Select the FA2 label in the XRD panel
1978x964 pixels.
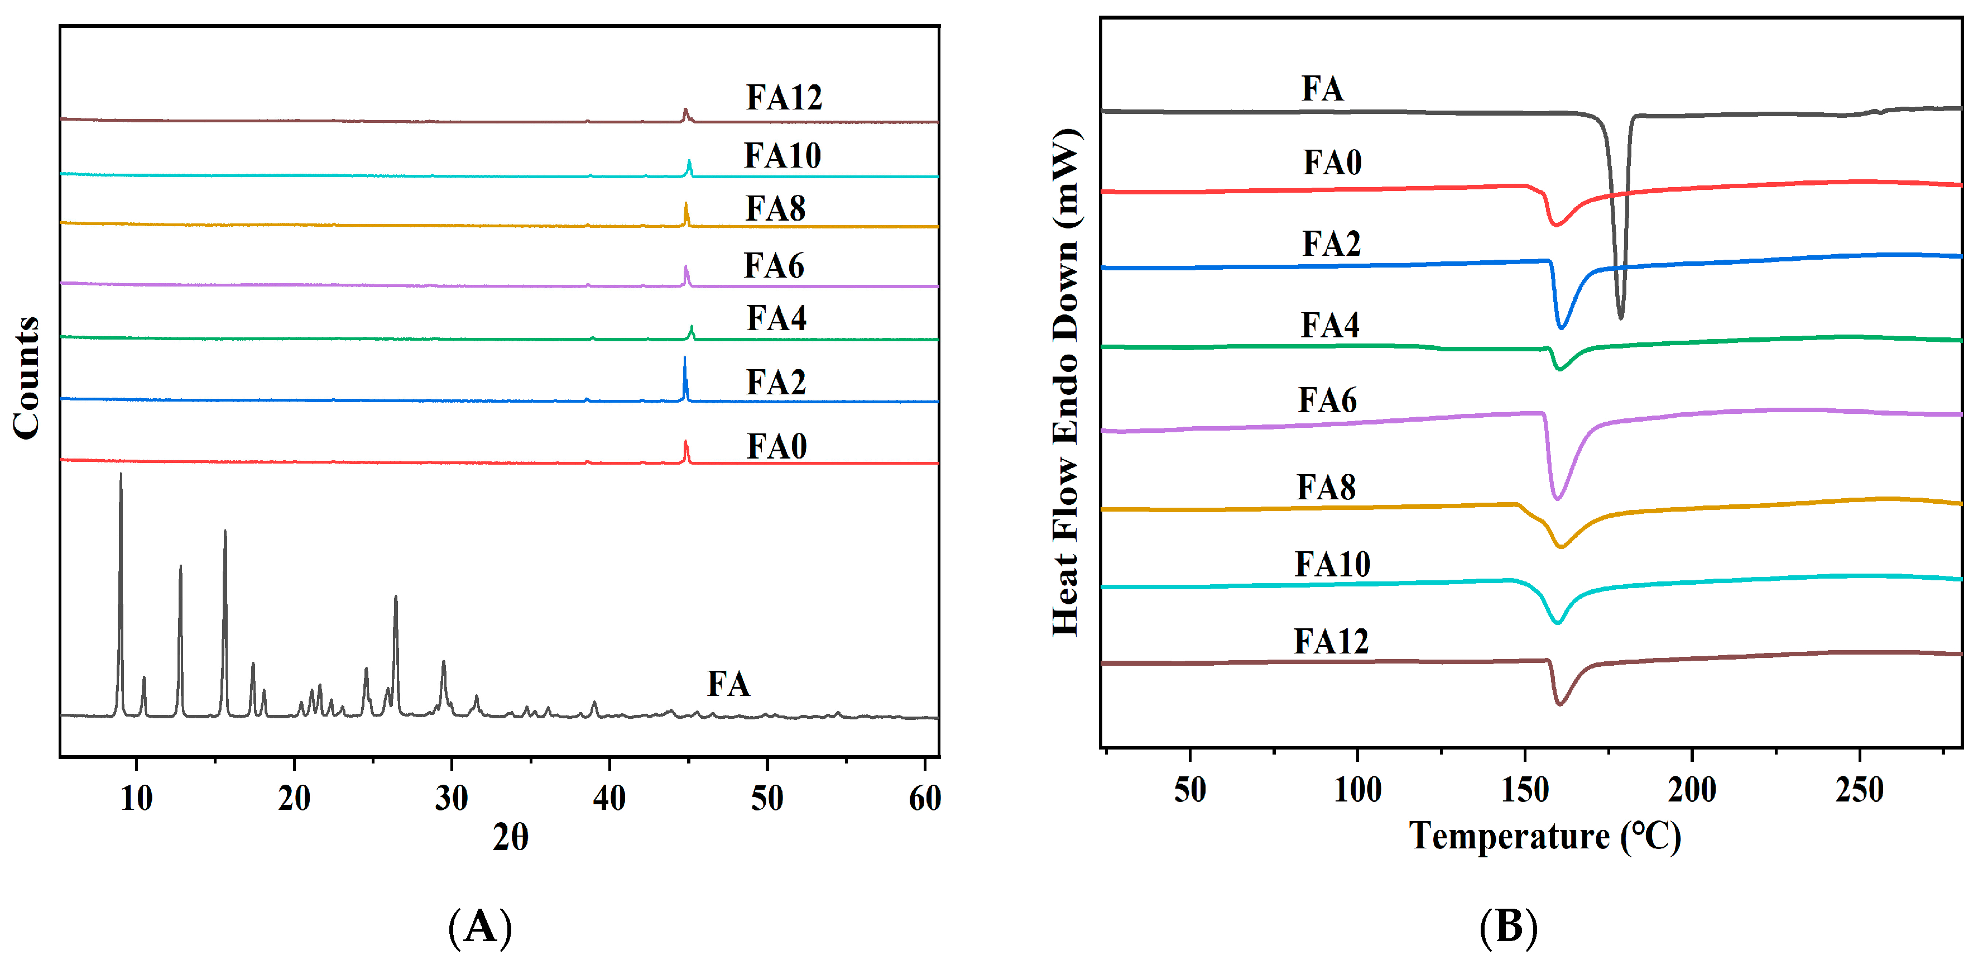[x=776, y=383]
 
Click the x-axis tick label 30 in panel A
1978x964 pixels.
[x=452, y=799]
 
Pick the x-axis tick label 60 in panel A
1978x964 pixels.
[x=924, y=799]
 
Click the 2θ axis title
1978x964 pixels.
[x=510, y=837]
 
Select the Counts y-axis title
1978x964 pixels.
[x=27, y=378]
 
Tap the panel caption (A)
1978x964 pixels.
[x=480, y=927]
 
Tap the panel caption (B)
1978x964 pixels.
[x=1508, y=927]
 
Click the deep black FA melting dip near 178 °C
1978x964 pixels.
[x=1620, y=315]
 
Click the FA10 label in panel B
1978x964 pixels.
[x=1332, y=565]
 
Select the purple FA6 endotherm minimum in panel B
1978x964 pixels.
[x=1557, y=498]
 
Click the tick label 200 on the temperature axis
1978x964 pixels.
[x=1692, y=790]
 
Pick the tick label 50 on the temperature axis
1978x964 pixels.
[x=1189, y=790]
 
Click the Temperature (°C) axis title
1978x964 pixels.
[x=1545, y=836]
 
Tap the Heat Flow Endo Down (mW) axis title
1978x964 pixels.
[x=1067, y=383]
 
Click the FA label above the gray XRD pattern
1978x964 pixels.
[x=728, y=684]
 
